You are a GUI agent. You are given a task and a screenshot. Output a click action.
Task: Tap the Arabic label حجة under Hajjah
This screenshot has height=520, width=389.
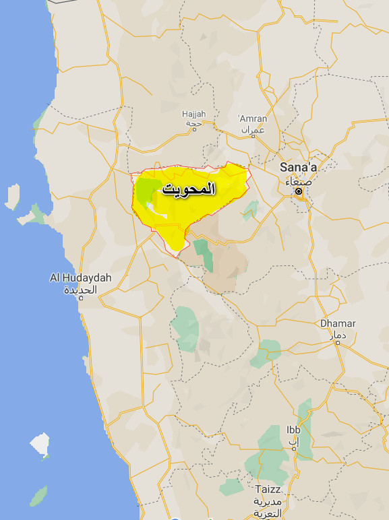click(193, 125)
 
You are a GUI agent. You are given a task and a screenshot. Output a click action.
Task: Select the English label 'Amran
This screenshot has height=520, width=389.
click(253, 119)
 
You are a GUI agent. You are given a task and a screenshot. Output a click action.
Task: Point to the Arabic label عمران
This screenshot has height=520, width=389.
click(253, 130)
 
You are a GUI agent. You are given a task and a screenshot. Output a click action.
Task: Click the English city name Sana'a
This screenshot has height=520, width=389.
click(297, 168)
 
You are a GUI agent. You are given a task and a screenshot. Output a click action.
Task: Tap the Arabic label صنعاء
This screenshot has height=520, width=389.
click(297, 181)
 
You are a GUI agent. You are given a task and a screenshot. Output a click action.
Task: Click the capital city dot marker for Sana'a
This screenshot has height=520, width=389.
click(298, 192)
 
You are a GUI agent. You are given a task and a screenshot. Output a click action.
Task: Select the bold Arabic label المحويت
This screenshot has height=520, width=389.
click(189, 191)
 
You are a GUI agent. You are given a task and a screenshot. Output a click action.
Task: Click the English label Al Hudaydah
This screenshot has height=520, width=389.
click(81, 278)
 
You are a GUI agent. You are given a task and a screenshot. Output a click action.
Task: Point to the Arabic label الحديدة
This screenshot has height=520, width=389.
click(81, 290)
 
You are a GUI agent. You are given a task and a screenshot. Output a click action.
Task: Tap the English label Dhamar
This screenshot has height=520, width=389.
click(338, 323)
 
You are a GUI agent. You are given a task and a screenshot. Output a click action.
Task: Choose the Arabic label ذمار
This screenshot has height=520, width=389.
click(338, 335)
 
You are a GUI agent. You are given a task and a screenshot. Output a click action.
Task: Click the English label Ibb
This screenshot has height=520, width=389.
click(293, 430)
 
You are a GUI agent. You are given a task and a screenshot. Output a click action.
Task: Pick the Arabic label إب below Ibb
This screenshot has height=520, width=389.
click(293, 443)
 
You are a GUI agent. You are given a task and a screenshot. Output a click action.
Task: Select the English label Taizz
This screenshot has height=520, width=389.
click(268, 489)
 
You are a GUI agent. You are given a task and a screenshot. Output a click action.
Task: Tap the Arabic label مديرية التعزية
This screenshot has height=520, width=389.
click(268, 507)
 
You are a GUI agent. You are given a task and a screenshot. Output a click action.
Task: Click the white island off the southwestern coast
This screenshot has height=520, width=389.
click(40, 444)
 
